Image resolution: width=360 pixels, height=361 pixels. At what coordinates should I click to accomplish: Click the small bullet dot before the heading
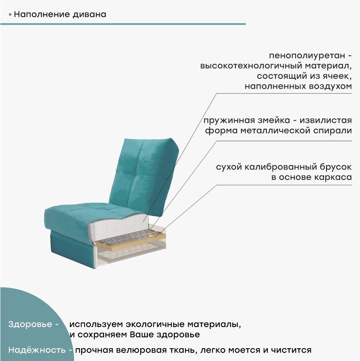click(x=10, y=15)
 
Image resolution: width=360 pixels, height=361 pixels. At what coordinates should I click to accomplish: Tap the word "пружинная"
click(x=226, y=120)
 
